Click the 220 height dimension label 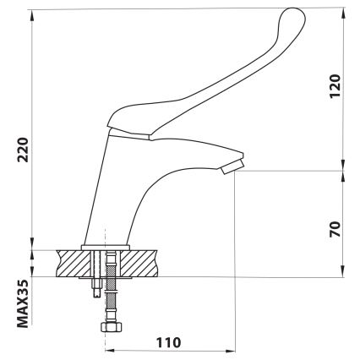[x=23, y=150]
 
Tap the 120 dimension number [x=335, y=86]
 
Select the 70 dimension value [x=335, y=229]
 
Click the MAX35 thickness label [x=23, y=303]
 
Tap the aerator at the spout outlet [x=232, y=166]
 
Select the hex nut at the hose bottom [x=112, y=327]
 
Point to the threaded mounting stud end [x=96, y=288]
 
